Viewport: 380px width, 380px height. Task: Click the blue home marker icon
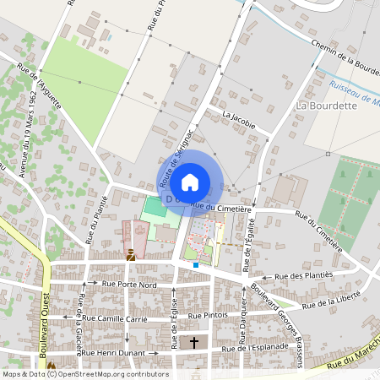[x=190, y=182]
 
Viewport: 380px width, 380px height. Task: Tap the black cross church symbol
[x=194, y=343]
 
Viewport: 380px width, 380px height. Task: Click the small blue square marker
[x=196, y=265]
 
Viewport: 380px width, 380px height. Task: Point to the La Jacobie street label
[x=238, y=118]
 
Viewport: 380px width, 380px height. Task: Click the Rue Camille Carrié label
[x=112, y=320]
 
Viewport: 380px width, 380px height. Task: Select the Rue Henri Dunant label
[x=111, y=352]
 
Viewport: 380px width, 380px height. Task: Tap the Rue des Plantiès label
[x=305, y=275]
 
